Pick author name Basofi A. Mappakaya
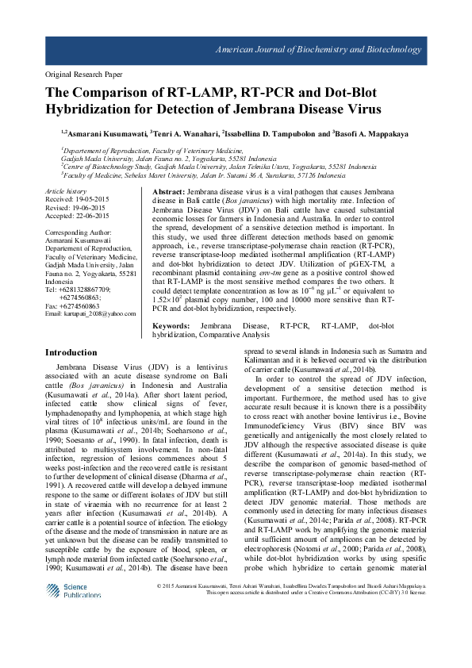377,133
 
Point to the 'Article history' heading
66,192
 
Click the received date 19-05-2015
77,200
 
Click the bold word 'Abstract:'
168,193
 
